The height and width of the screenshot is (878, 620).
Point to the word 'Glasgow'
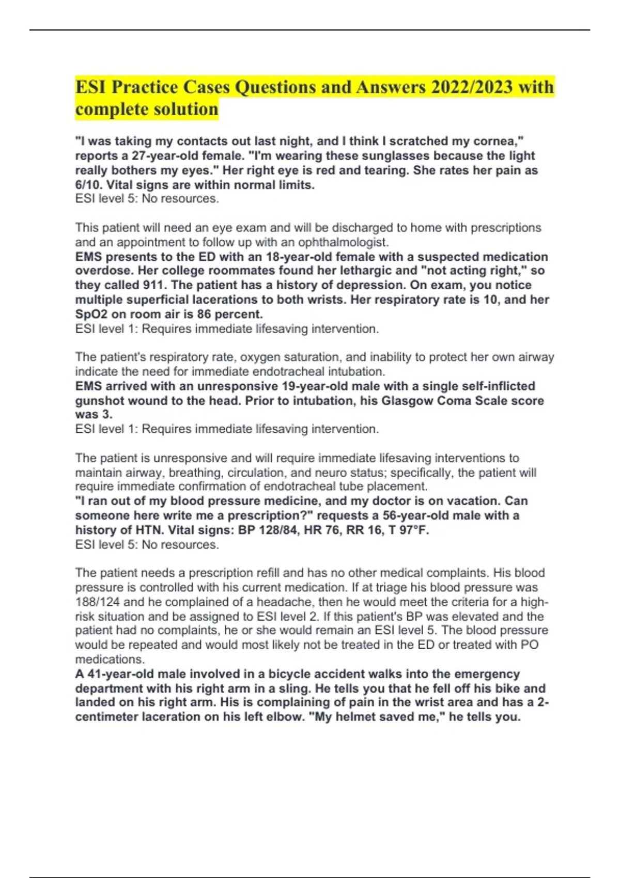pos(406,401)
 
